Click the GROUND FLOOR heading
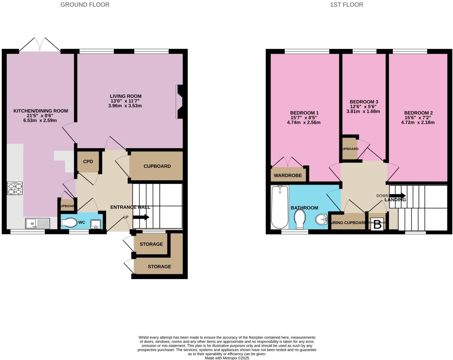pos(85,5)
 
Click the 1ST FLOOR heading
pos(347,5)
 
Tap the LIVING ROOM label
pos(125,96)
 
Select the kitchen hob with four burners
pos(15,188)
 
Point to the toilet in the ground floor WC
pos(69,222)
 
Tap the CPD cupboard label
pos(88,162)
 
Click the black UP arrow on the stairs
pos(141,217)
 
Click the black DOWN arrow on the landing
pos(397,196)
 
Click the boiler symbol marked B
pos(377,225)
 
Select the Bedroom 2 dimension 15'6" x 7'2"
pos(417,118)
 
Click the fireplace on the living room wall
pos(180,102)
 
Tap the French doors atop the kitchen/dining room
pos(40,45)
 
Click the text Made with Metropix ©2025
pos(227,358)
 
